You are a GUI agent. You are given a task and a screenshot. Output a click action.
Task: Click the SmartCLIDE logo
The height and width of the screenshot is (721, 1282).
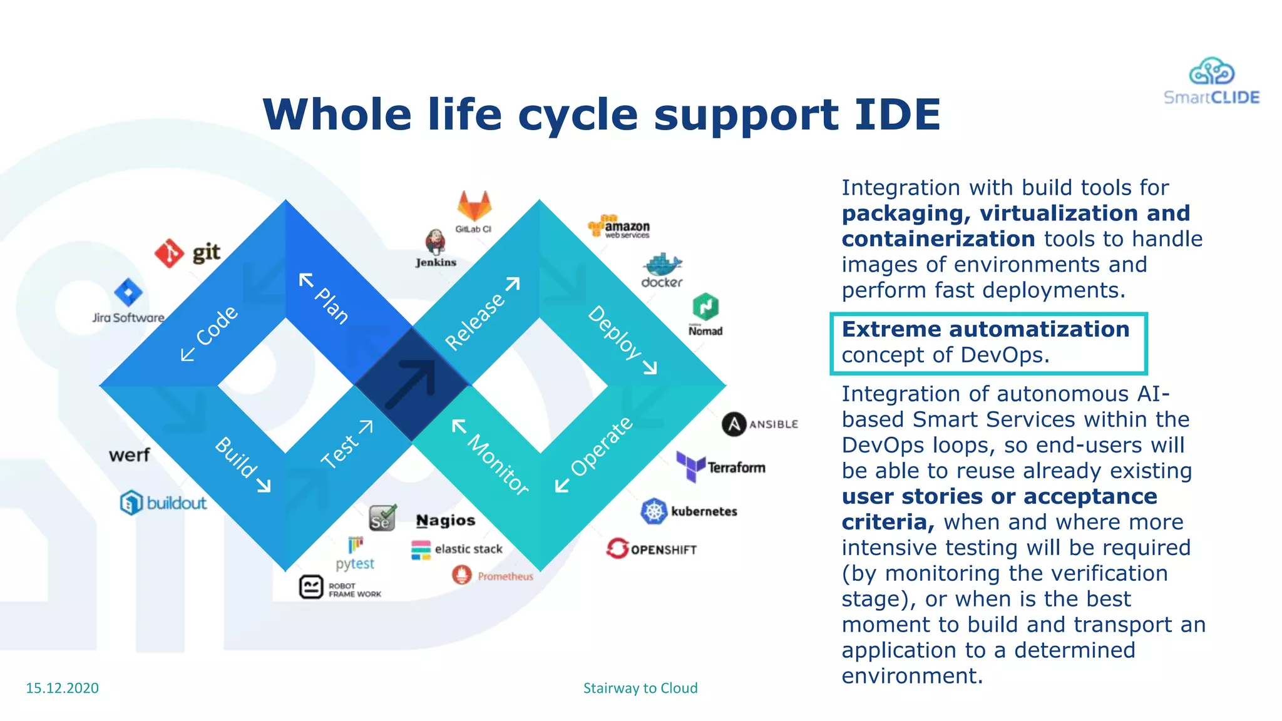1211,81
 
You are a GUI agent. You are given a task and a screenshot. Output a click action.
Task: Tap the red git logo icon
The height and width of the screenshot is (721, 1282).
169,253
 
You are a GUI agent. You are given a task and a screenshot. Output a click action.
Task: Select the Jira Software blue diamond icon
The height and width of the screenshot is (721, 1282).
128,292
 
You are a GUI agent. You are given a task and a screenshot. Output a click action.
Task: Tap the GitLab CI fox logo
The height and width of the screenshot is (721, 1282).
474,205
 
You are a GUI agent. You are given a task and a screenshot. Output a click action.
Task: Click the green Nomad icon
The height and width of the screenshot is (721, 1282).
705,307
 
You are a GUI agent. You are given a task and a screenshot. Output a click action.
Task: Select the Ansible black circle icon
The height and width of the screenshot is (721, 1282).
734,424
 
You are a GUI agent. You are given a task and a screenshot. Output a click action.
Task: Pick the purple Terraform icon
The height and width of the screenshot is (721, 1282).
690,466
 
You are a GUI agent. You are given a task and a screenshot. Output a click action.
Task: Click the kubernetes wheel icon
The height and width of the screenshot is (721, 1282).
654,511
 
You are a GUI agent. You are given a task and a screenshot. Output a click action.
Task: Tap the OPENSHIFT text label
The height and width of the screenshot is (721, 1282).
664,550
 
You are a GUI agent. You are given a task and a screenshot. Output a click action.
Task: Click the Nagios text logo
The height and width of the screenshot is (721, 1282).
446,520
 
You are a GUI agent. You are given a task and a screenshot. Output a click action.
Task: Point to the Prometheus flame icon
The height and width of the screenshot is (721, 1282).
461,575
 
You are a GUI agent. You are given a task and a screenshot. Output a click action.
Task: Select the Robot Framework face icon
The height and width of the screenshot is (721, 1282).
311,587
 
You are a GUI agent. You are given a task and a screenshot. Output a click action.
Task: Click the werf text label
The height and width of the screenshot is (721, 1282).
129,454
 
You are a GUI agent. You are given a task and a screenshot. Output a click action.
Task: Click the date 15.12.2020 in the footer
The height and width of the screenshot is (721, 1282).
62,688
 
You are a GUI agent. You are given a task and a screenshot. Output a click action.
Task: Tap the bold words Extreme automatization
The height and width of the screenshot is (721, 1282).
985,329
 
